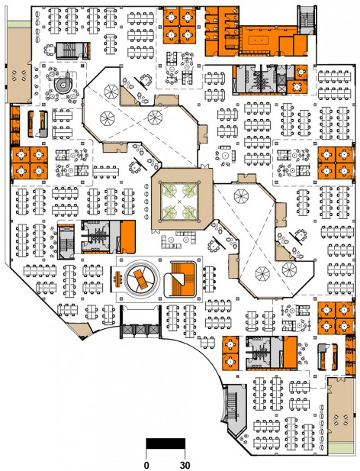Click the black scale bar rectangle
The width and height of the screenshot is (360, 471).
[x=166, y=444]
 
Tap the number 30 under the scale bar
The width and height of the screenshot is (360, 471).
[x=185, y=465]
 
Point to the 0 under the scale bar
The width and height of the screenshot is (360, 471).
[x=146, y=465]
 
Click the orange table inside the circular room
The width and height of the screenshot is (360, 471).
[x=140, y=278]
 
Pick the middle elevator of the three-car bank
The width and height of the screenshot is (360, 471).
[x=140, y=330]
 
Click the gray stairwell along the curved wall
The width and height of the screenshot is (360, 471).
[x=236, y=409]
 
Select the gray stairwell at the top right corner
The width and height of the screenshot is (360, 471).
[x=307, y=20]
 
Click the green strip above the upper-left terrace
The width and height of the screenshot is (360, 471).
[x=19, y=24]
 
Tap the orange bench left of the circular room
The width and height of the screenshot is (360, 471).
[x=117, y=279]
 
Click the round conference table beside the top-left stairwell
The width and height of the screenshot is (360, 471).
[x=49, y=50]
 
